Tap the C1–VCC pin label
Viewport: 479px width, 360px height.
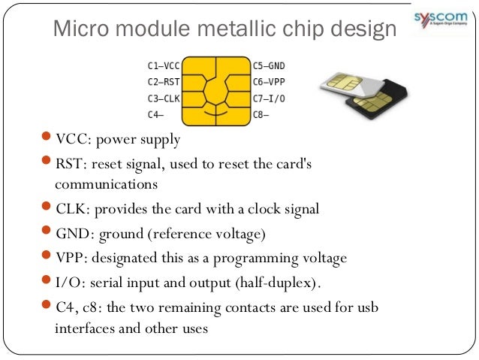164,65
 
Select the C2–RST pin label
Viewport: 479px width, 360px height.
164,82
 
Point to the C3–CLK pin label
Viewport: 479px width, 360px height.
164,98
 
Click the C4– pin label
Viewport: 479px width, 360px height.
155,114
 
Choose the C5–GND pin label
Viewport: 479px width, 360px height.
269,65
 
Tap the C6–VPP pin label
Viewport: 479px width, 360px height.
269,82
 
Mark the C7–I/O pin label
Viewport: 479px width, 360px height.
269,98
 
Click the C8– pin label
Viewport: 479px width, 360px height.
261,114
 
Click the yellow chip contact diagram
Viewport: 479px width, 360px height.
216,90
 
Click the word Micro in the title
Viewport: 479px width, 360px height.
79,29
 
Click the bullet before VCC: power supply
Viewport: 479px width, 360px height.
47,140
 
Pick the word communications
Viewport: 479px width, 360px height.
106,183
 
